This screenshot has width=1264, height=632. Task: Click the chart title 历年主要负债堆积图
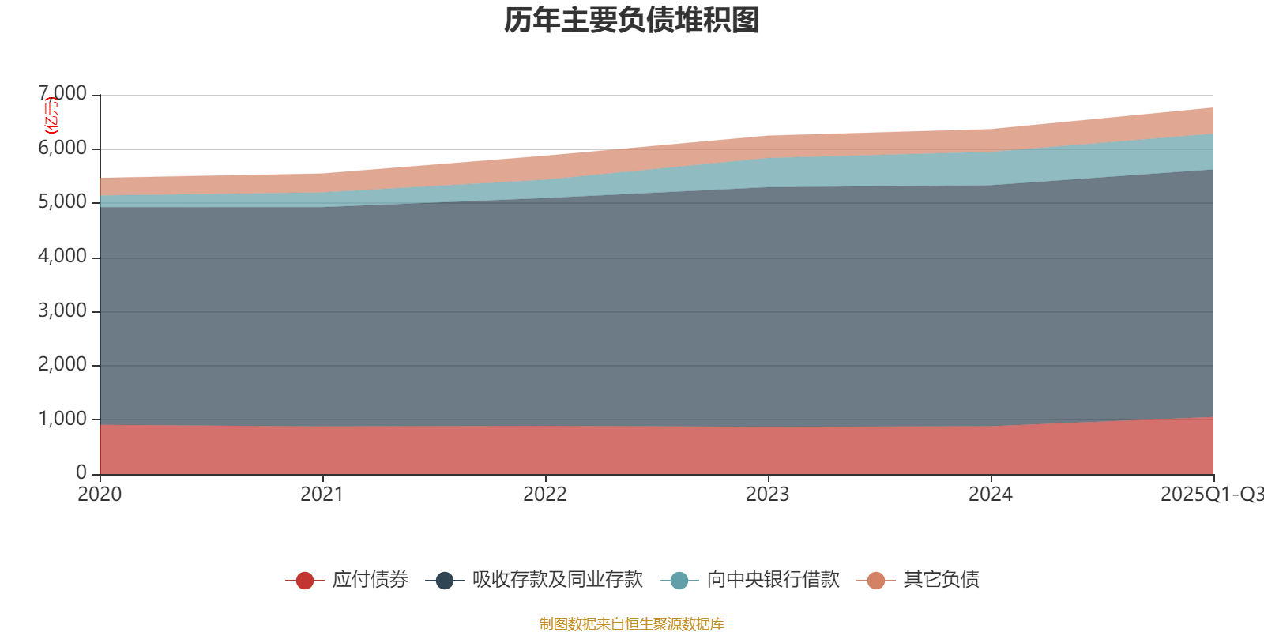pyautogui.click(x=632, y=21)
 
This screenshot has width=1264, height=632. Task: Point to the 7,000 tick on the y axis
pyautogui.click(x=63, y=94)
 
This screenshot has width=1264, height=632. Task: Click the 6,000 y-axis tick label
pyautogui.click(x=63, y=149)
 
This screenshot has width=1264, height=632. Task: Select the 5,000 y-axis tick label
pyautogui.click(x=63, y=202)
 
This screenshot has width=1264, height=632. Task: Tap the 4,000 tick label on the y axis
pyautogui.click(x=63, y=257)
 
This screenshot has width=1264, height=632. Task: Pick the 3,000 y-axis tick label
pyautogui.click(x=63, y=310)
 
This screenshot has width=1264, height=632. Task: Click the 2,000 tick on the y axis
pyautogui.click(x=63, y=365)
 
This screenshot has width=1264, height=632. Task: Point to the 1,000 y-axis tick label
pyautogui.click(x=63, y=419)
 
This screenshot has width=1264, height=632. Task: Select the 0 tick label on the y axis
pyautogui.click(x=81, y=472)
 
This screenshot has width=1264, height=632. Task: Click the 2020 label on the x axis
pyautogui.click(x=100, y=495)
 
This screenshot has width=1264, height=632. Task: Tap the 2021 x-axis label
pyautogui.click(x=322, y=495)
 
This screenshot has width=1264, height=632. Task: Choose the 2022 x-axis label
pyautogui.click(x=545, y=495)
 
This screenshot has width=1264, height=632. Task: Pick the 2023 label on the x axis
pyautogui.click(x=768, y=495)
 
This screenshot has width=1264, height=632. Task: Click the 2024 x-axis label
pyautogui.click(x=991, y=495)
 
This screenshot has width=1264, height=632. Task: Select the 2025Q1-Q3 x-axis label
pyautogui.click(x=1211, y=495)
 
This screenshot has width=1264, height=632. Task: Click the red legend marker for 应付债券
pyautogui.click(x=305, y=581)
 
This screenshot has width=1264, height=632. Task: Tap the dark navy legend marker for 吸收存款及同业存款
pyautogui.click(x=445, y=581)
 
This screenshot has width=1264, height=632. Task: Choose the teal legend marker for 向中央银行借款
pyautogui.click(x=679, y=581)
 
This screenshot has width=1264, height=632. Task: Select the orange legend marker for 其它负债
pyautogui.click(x=876, y=581)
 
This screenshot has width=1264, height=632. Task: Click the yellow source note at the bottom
pyautogui.click(x=632, y=624)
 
